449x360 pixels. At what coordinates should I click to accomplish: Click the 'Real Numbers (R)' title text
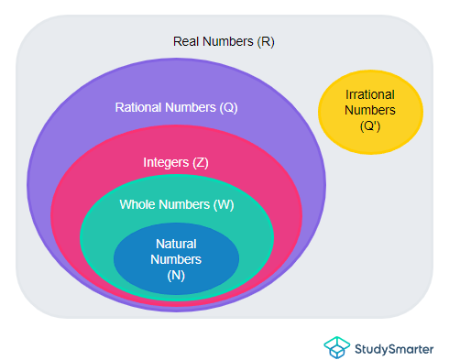(x=224, y=42)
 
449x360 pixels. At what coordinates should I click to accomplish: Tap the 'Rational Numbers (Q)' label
(x=176, y=107)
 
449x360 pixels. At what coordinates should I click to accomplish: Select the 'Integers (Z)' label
(x=176, y=162)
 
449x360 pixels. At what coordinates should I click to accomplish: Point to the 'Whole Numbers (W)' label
(x=176, y=204)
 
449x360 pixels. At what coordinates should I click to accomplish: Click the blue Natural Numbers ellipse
(x=176, y=275)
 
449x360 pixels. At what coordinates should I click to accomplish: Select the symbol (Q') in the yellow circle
(x=370, y=126)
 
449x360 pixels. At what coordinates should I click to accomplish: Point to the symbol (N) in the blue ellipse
(x=176, y=275)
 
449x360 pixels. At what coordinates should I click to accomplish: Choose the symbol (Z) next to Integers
(x=200, y=162)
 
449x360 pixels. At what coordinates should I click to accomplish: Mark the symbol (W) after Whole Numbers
(x=223, y=204)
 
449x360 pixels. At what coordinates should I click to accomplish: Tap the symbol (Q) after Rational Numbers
(x=228, y=107)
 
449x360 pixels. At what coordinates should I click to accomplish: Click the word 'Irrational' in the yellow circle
(x=370, y=94)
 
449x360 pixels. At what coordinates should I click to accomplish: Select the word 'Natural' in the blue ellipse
(x=176, y=245)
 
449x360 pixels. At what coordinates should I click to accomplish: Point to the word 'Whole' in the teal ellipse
(x=137, y=204)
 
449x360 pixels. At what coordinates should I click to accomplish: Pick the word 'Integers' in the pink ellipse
(x=165, y=162)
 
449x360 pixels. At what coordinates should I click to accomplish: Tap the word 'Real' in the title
(x=186, y=42)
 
